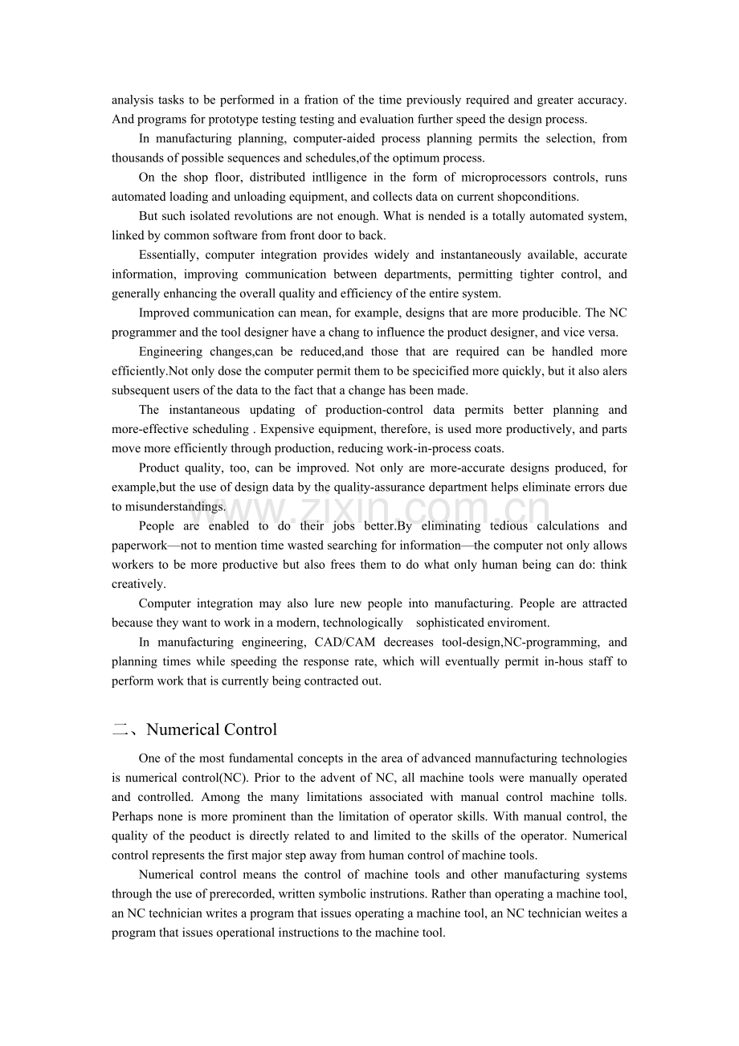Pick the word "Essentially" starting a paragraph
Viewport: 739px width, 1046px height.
point(168,255)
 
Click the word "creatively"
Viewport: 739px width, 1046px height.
point(137,584)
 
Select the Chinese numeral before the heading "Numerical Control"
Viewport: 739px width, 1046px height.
point(120,729)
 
